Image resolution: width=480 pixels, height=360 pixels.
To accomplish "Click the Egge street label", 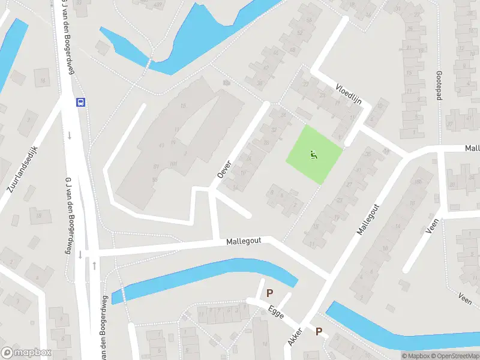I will (276, 313).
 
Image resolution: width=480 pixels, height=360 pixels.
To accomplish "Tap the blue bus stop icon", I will (80, 102).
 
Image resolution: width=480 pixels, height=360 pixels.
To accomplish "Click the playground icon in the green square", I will (314, 155).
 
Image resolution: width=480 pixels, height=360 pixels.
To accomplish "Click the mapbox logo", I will (26, 353).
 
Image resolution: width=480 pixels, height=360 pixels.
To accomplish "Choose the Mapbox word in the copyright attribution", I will (417, 356).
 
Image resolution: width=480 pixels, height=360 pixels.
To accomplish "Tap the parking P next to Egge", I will (270, 293).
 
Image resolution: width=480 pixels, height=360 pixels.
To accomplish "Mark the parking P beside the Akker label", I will (319, 331).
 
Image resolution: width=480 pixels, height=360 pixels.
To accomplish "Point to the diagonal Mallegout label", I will (368, 219).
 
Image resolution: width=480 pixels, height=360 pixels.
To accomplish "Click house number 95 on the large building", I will (155, 179).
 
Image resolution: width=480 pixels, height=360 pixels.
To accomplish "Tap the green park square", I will (313, 154).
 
